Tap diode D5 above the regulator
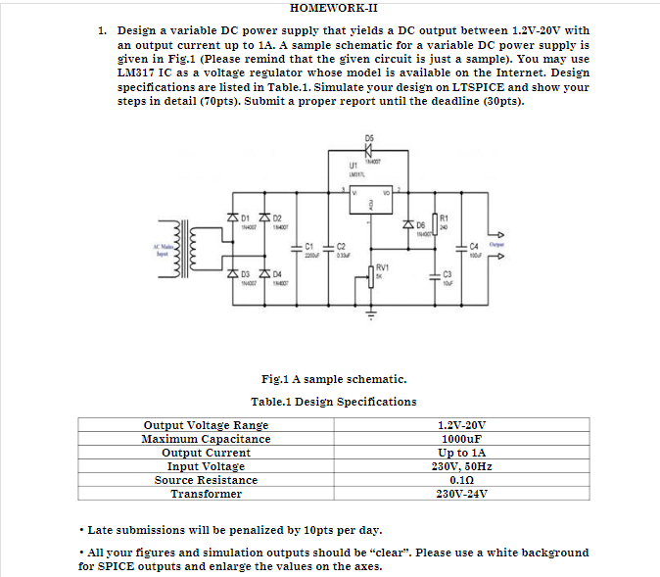click(x=369, y=152)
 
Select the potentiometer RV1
click(x=370, y=272)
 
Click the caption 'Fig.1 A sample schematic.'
click(x=334, y=379)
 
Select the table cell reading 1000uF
click(x=460, y=439)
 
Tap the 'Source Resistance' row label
click(x=206, y=480)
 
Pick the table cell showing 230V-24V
click(x=460, y=494)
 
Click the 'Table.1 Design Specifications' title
click(x=333, y=402)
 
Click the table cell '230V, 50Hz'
click(x=460, y=466)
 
